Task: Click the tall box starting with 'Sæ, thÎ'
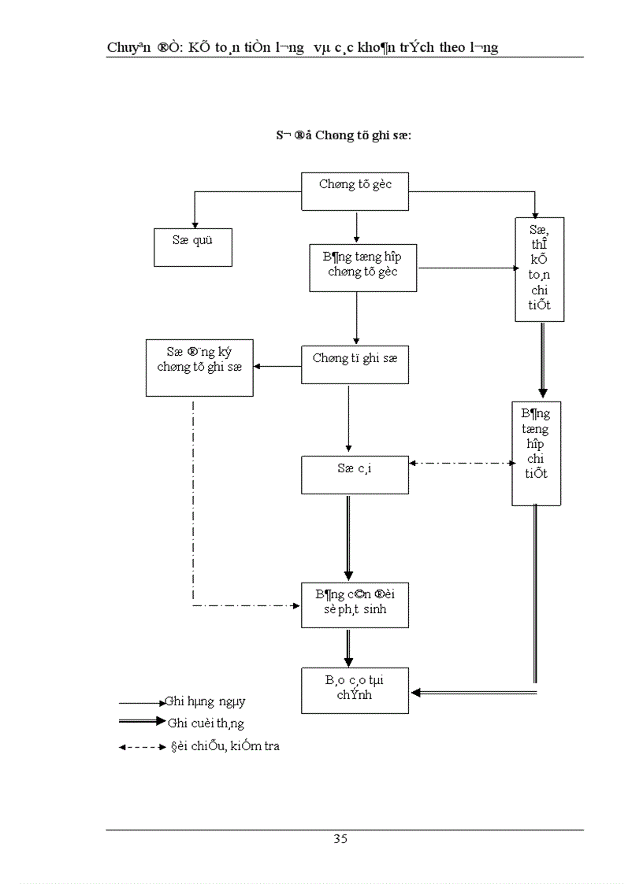click(x=540, y=268)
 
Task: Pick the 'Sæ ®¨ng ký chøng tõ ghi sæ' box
click(x=199, y=367)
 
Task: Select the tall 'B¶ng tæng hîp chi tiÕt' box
click(x=536, y=453)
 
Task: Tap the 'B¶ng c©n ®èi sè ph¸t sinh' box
click(x=355, y=605)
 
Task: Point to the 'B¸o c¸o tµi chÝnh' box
click(x=355, y=690)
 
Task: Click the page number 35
click(x=340, y=838)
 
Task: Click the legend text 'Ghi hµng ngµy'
click(x=210, y=701)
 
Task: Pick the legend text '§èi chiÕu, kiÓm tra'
click(x=225, y=746)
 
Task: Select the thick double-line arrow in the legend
click(x=142, y=722)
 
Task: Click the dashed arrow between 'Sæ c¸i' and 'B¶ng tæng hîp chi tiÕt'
click(x=461, y=463)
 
